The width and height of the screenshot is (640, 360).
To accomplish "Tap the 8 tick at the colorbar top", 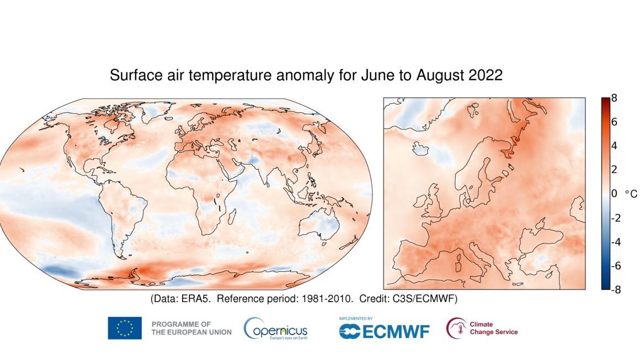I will coord(614,99).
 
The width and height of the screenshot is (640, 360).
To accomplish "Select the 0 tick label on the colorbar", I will coord(614,194).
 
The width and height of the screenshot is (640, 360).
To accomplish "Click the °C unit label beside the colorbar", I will coord(631,194).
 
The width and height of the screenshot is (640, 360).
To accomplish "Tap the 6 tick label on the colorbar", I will coord(614,122).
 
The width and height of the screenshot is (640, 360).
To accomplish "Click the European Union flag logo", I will coord(124,328).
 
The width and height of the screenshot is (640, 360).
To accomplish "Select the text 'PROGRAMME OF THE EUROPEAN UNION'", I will coord(191,328).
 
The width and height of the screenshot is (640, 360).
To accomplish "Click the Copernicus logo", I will coord(275,329).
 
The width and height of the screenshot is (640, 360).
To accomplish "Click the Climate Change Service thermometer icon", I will coord(456,328).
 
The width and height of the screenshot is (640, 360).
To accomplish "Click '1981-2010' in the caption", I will coord(328,299).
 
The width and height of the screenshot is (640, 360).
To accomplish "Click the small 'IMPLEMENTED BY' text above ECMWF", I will coord(356,319).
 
